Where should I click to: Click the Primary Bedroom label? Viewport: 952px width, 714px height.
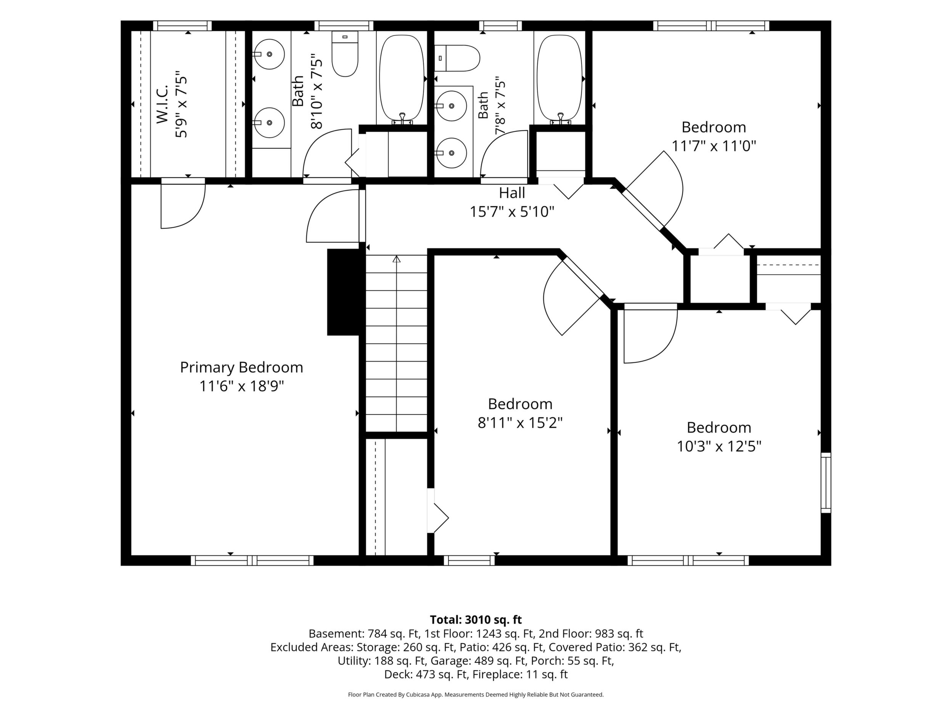coord(241,368)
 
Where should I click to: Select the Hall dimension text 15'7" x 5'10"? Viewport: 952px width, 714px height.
coord(512,212)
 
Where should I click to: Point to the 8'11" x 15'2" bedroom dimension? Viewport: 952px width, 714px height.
coord(520,423)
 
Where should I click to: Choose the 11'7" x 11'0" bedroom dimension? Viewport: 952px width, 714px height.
coord(714,146)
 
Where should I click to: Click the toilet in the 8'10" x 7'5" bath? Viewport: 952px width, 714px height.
coord(345,54)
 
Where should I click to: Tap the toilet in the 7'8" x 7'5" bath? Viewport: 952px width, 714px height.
coord(457,58)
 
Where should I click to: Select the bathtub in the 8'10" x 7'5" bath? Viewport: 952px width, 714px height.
coord(402,78)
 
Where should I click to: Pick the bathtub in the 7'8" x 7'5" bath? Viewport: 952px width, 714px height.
coord(560,78)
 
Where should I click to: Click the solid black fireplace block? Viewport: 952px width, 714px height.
coord(343,292)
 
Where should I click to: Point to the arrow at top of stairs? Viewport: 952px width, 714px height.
coord(396,259)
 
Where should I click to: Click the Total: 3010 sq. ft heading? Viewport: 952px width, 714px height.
coord(476,620)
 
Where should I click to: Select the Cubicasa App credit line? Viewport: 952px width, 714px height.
coord(476,695)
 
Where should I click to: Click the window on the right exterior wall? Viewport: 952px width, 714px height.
coord(826,482)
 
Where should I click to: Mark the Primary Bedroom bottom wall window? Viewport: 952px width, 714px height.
coord(252,560)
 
